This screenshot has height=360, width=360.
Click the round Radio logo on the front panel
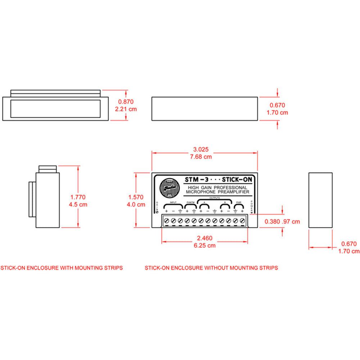(170, 188)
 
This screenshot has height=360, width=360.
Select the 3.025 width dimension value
(201, 149)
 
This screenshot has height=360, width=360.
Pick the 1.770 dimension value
(78, 197)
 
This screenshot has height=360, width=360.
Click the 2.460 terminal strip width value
(204, 238)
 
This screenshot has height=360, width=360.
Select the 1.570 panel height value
(136, 197)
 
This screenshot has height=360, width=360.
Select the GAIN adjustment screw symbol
(157, 212)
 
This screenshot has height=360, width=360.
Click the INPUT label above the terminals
(174, 203)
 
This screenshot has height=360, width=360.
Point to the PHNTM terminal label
(190, 203)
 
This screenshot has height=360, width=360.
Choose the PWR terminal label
(238, 203)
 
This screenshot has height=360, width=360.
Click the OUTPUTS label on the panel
(215, 198)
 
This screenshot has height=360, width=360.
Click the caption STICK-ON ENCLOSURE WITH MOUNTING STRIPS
(62, 268)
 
